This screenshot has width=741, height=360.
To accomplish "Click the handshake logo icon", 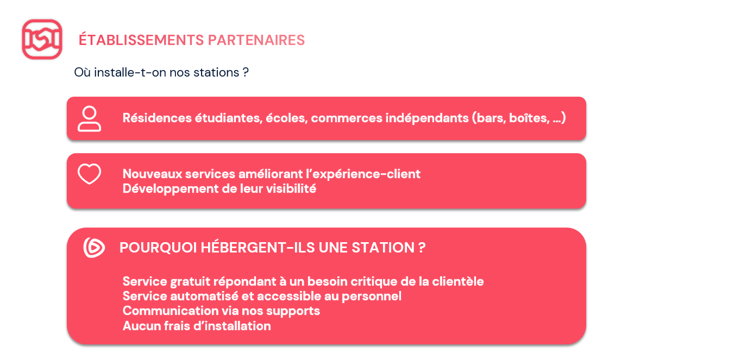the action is (42, 39).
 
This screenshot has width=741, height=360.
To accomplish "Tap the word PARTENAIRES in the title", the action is (256, 40).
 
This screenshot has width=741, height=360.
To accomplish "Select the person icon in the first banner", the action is (89, 119).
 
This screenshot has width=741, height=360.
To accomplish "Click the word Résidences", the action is (157, 118).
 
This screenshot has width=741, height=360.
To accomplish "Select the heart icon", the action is (89, 174).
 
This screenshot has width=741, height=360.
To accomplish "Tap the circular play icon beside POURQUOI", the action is (94, 247).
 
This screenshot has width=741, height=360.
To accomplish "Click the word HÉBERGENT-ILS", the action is (258, 247).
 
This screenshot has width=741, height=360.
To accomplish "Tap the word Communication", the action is (171, 311).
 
